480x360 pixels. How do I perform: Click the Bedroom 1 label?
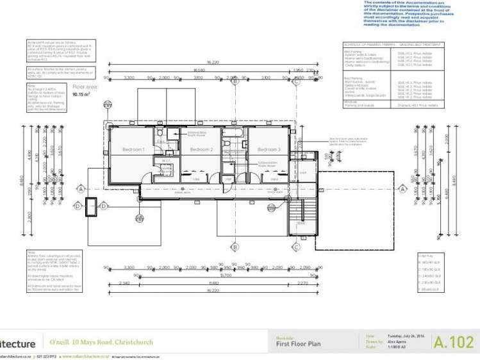[x=133, y=149]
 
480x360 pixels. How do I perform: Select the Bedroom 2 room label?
[x=201, y=149]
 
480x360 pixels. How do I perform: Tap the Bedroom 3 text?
[x=269, y=149]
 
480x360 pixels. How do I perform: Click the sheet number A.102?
[x=453, y=341]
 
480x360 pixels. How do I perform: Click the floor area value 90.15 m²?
[x=81, y=94]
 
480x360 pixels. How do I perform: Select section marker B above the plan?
[x=235, y=81]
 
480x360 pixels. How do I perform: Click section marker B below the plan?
[x=235, y=247]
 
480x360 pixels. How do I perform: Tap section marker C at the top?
[x=297, y=81]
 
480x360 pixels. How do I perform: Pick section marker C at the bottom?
[x=297, y=247]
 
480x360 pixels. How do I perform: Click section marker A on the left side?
[x=81, y=188]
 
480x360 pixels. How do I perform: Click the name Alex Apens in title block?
[x=397, y=343]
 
